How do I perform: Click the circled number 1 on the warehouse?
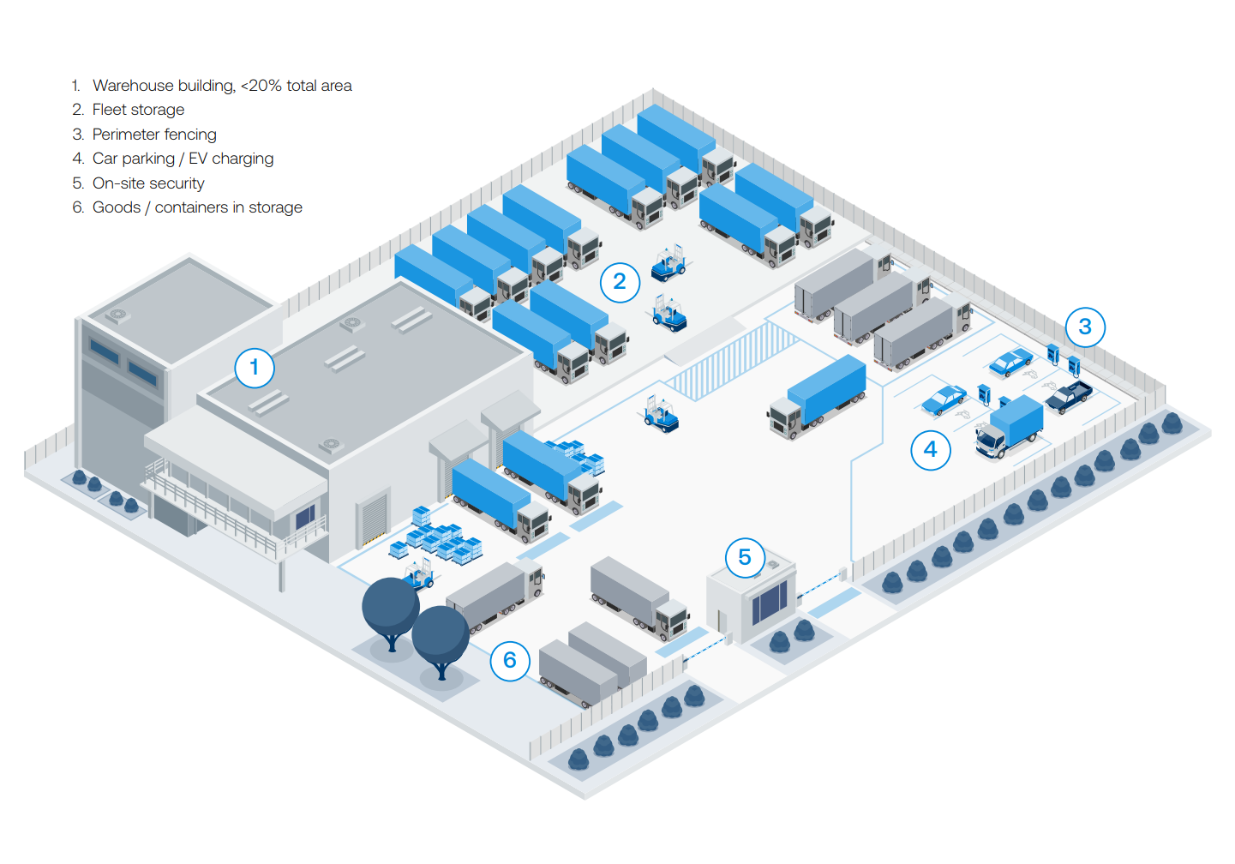255,368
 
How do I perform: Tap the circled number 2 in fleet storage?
620,282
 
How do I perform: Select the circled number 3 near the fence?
1085,327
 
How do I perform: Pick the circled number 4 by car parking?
931,450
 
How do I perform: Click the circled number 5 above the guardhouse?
745,558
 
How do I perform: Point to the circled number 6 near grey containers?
510,661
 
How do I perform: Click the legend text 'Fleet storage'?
138,110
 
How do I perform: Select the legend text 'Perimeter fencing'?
154,135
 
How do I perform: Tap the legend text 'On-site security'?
148,183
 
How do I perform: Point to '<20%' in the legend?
261,86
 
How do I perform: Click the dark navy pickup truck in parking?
1069,396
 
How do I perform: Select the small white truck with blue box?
1010,427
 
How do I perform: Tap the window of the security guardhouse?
769,602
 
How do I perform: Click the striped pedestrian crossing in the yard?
733,361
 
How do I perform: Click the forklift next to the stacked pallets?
419,573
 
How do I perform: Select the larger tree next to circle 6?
391,609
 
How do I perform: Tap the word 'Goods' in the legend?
117,207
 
